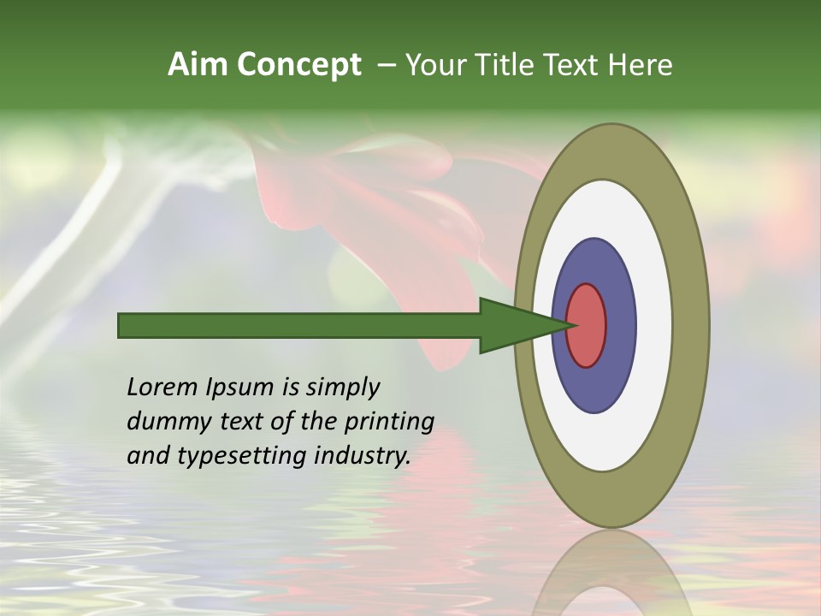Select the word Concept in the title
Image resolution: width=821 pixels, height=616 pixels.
click(x=299, y=66)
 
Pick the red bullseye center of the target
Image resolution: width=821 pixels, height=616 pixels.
click(x=588, y=325)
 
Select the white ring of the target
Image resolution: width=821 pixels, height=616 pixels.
click(x=654, y=325)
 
